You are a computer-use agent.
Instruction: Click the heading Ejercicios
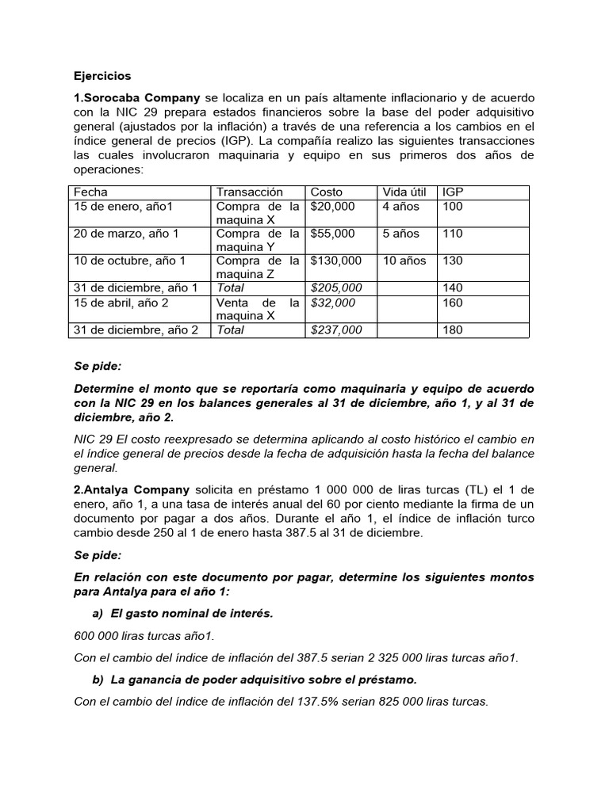[102, 76]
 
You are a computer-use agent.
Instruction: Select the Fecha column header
[90, 192]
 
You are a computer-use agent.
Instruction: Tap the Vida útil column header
[404, 192]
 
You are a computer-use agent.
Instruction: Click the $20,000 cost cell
[333, 207]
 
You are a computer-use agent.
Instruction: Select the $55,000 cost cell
[333, 234]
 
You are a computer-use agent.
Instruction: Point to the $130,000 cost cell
[336, 261]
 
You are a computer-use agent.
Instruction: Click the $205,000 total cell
[336, 287]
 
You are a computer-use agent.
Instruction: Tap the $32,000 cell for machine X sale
[333, 303]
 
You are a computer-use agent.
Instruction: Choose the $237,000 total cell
[336, 329]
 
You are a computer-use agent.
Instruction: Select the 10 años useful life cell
[404, 261]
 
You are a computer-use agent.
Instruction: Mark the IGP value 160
[453, 303]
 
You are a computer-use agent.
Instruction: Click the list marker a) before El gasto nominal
[98, 614]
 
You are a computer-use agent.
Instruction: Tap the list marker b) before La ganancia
[98, 680]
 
